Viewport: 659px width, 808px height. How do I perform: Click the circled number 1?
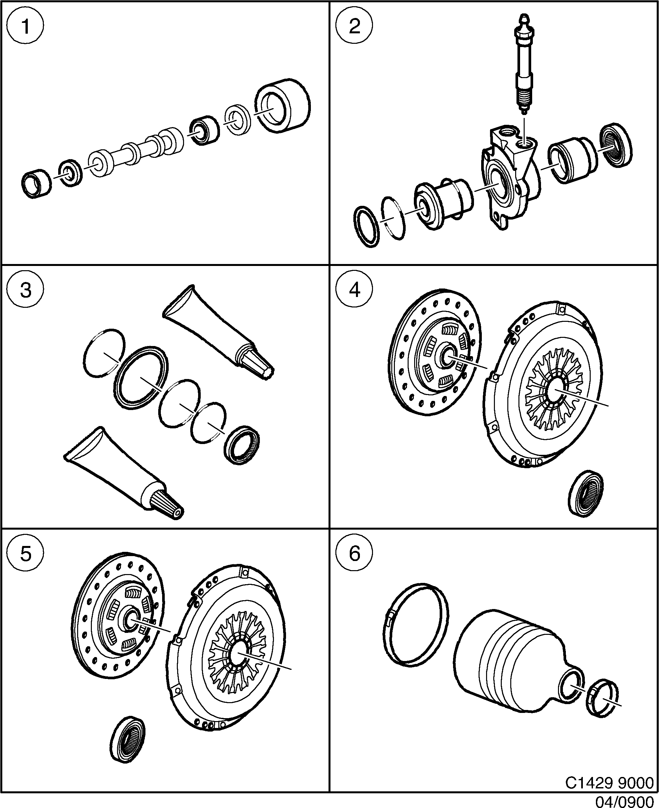coord(25,26)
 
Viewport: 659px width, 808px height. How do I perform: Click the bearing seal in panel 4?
coord(586,493)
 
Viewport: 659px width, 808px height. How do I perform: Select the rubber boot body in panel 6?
coord(509,668)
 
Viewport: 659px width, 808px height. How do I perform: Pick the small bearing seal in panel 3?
coord(242,445)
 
